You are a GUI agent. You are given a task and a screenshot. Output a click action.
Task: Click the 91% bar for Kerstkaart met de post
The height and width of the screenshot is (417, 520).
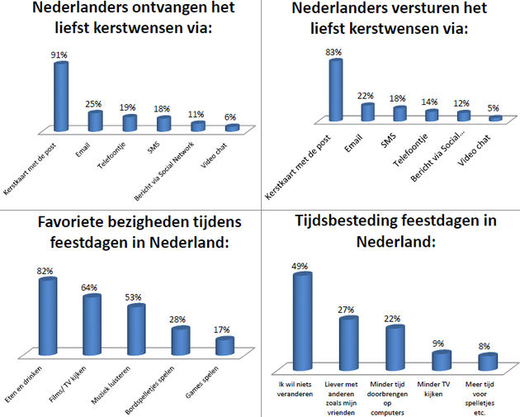pos(60,95)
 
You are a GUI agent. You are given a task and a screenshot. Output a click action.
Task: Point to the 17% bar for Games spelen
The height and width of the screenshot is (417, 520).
pos(225,346)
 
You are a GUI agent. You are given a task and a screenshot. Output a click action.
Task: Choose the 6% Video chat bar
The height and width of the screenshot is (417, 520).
pos(232,128)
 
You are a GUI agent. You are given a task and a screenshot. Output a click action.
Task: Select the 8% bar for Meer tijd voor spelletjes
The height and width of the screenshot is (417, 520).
pos(489,362)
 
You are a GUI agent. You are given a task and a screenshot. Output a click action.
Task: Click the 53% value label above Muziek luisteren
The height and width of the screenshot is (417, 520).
pos(135,297)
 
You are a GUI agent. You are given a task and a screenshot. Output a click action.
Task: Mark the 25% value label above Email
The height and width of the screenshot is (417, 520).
pos(94,104)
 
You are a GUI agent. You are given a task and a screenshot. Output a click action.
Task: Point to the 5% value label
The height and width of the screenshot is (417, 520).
pos(494,108)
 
